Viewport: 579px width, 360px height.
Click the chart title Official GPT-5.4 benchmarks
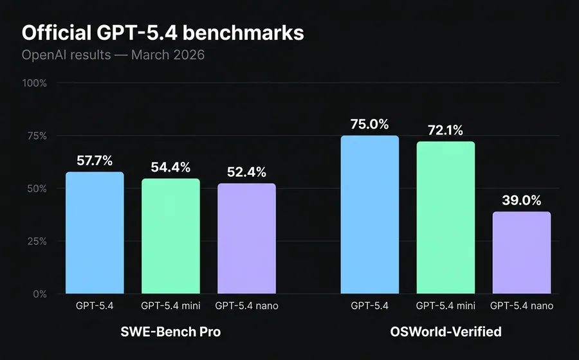163,33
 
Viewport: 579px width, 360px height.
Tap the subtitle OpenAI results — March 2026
113,55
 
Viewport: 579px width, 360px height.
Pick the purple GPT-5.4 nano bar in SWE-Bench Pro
246,239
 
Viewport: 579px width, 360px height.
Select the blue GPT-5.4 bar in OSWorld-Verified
370,215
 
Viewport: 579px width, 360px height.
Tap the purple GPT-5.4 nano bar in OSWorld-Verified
522,253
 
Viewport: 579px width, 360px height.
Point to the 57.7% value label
95,161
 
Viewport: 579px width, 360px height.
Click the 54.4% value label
170,168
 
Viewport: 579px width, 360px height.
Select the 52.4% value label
246,172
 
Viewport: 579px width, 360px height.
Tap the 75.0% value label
370,124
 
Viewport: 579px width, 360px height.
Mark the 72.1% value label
446,130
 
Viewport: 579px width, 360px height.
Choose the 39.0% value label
522,200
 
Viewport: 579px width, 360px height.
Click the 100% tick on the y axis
35,84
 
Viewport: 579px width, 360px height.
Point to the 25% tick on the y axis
37,242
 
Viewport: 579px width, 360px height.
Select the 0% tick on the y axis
39,294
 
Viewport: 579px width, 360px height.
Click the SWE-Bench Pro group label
170,332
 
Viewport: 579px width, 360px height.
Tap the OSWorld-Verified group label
446,332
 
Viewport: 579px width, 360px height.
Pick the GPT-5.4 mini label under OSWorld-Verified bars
446,306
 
